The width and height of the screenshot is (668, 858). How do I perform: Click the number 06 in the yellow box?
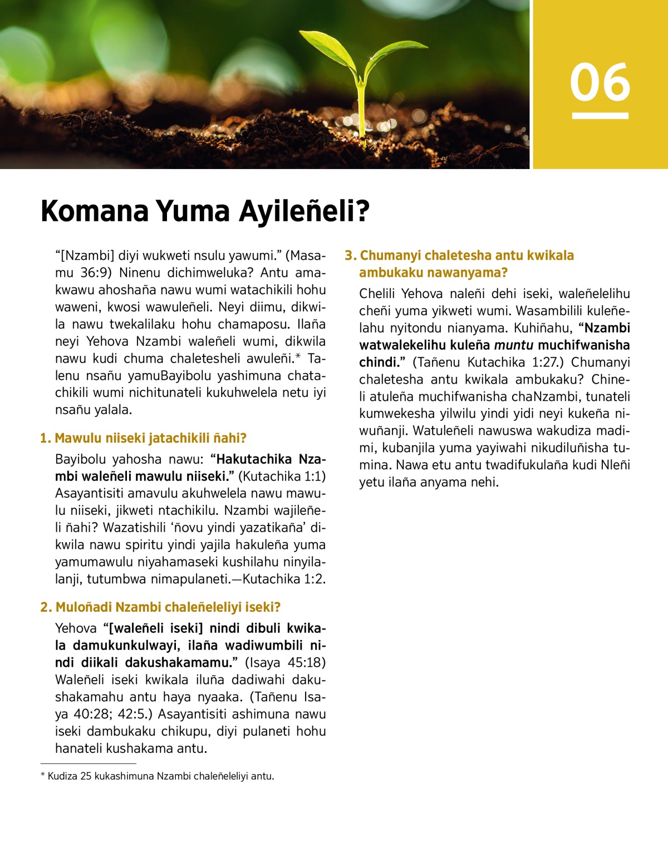600,82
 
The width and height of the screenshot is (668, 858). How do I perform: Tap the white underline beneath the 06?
600,116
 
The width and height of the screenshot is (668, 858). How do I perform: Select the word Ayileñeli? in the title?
304,211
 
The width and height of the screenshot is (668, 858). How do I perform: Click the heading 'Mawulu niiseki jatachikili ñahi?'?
144,438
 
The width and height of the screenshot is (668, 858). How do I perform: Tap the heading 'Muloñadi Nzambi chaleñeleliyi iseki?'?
160,607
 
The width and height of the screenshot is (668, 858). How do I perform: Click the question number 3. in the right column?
350,256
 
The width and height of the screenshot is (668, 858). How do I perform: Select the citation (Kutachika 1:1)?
282,477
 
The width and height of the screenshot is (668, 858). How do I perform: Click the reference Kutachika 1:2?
284,579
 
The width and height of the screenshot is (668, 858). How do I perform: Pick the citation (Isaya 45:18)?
285,663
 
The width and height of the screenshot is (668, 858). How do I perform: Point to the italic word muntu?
513,345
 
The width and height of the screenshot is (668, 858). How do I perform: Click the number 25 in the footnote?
86,776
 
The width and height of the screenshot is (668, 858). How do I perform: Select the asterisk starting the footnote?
43,775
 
